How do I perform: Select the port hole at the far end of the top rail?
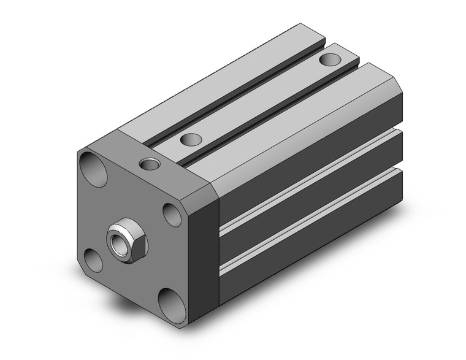click(x=330, y=59)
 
